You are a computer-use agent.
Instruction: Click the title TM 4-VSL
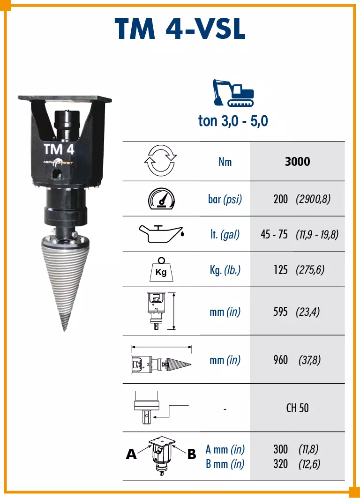[x=180, y=29]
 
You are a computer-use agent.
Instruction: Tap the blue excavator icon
[x=233, y=92]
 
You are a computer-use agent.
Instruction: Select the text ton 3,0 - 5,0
[x=233, y=121]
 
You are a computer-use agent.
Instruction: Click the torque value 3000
[x=297, y=161]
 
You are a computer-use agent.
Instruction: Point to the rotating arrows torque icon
[x=160, y=160]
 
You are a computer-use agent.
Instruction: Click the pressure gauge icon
[x=161, y=199]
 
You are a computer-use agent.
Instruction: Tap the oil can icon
[x=161, y=234]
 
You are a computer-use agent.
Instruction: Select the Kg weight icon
[x=161, y=269]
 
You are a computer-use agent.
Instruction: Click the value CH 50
[x=297, y=408]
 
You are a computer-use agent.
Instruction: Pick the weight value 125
[x=281, y=270]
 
